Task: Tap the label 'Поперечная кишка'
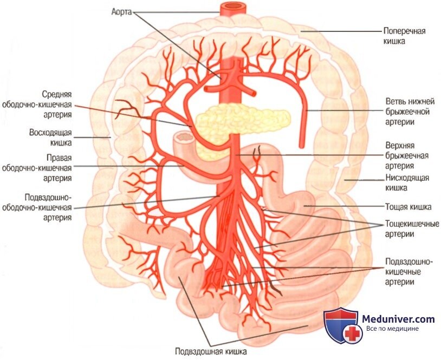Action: [404, 36]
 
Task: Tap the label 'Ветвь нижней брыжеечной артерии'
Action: [407, 112]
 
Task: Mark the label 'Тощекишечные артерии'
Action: [411, 228]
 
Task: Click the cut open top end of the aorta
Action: [231, 8]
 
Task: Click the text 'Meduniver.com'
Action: [398, 319]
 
